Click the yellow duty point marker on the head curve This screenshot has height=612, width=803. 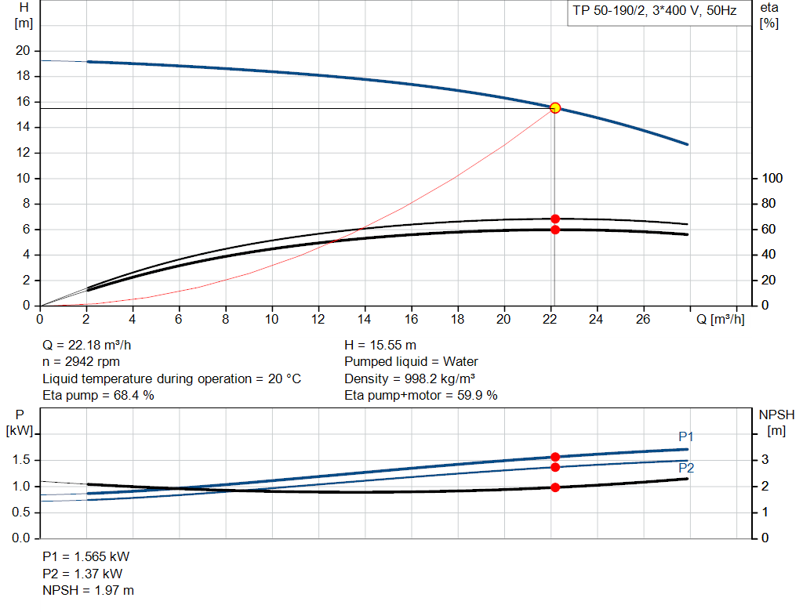pos(555,107)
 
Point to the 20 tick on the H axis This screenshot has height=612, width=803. pos(23,51)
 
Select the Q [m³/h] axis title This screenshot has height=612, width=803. pos(720,319)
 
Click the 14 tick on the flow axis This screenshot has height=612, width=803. pos(365,319)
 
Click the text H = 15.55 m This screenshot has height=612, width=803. pos(380,345)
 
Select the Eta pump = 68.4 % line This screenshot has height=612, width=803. pos(98,396)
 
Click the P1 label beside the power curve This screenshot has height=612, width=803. pos(686,436)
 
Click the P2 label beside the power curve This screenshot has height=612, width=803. pos(686,468)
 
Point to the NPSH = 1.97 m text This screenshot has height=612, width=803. pos(88,590)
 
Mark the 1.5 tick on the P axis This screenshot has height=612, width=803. pos(21,460)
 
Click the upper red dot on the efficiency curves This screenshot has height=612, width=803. pos(555,219)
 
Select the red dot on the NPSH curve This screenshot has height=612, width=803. pos(555,487)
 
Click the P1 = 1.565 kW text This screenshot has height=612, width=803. pos(85,556)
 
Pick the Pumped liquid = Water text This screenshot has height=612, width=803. pos(411,362)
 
